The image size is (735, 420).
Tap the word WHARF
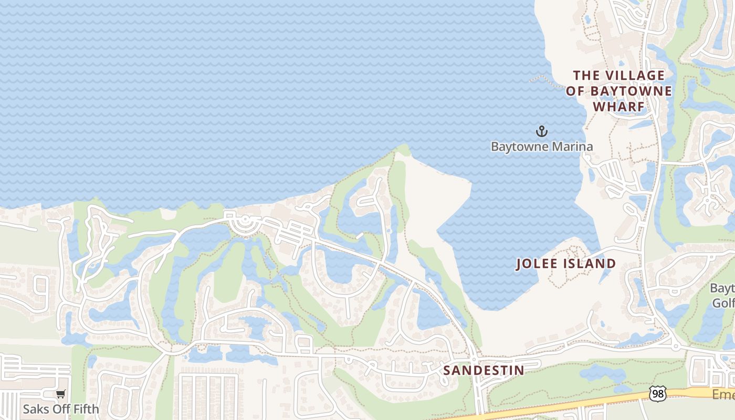[618, 107]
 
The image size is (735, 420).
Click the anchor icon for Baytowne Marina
[541, 131]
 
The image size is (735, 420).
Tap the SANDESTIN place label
[484, 370]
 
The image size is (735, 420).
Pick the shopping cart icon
[61, 394]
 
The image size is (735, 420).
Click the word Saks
[34, 408]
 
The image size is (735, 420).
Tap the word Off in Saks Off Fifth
[59, 408]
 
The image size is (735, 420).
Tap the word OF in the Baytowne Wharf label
[575, 91]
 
